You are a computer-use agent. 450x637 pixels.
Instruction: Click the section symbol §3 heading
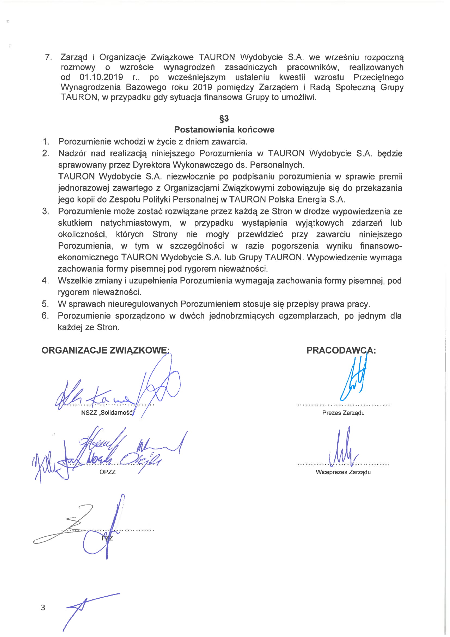click(x=224, y=119)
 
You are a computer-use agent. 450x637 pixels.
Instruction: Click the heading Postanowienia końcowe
click(x=224, y=129)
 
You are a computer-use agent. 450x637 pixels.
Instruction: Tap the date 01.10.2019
click(x=101, y=77)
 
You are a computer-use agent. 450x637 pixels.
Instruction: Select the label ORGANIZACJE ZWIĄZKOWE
click(x=105, y=351)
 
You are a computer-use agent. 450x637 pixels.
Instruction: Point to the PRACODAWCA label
click(x=341, y=351)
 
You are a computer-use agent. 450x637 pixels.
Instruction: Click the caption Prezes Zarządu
click(x=343, y=413)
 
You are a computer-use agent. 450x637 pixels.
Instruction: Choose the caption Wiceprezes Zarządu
click(x=343, y=472)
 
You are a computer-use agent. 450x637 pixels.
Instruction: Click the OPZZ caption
click(x=107, y=472)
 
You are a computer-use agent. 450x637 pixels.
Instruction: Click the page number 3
click(x=43, y=607)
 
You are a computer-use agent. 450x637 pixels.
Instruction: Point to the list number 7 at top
click(x=48, y=57)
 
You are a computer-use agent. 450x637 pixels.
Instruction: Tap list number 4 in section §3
click(x=45, y=280)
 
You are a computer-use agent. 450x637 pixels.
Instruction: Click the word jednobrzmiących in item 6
click(x=241, y=316)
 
